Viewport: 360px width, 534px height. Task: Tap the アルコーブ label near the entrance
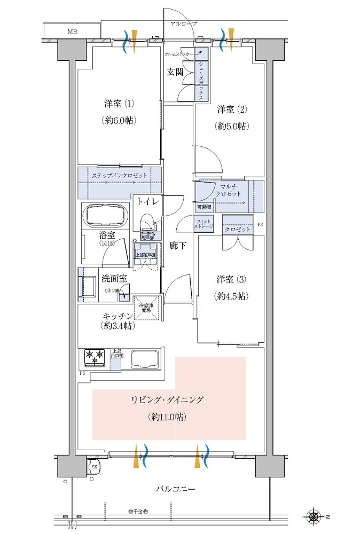point(184,25)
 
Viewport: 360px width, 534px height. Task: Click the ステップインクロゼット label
point(119,176)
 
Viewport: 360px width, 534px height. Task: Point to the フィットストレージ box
point(205,224)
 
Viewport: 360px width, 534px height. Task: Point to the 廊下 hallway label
point(178,247)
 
